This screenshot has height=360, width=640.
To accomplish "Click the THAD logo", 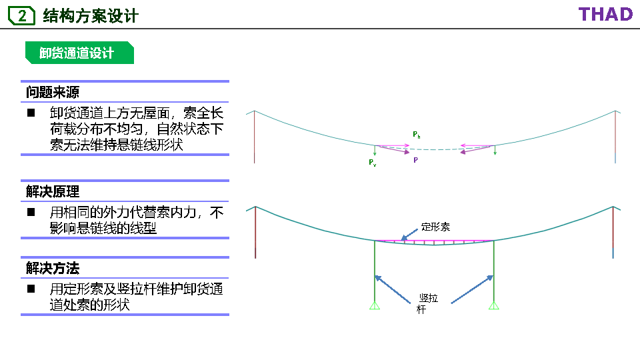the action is pos(605,14).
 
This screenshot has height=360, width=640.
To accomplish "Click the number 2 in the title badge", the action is pos(22,16).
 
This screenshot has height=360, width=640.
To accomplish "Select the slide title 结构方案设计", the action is pos(90,16).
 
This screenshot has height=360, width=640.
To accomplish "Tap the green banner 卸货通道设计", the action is pos(77,53).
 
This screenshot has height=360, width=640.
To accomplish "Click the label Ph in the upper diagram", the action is pos(416,135).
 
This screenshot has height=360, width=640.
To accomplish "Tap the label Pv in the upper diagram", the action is pos(372,163).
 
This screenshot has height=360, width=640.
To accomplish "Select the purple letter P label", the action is pos(415,161).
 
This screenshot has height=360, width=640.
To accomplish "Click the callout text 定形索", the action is pos(435,227).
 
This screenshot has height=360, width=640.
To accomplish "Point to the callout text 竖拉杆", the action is pos(427,304).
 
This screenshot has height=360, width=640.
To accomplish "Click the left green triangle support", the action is pos(375,305).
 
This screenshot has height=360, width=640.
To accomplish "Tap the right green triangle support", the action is pos(493,305).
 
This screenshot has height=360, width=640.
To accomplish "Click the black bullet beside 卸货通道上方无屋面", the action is pos(31,113).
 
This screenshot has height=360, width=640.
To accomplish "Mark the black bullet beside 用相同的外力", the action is pos(31,213).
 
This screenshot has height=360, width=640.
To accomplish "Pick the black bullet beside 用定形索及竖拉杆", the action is pos(31,289).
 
